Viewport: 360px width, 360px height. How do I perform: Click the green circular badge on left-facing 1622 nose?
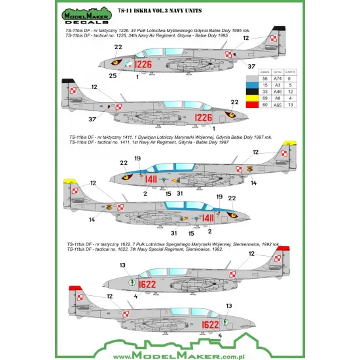tap(115, 283)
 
